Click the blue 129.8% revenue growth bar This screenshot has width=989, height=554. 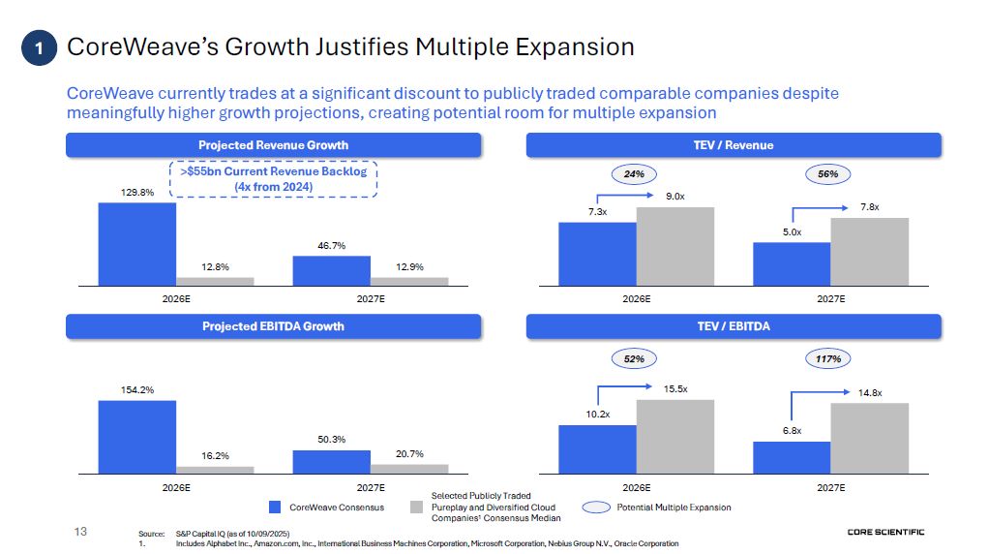(137, 243)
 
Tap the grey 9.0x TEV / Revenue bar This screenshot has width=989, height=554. (674, 246)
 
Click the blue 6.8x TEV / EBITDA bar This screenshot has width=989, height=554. (792, 457)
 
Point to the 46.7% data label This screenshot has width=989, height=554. (332, 246)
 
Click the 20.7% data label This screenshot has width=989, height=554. (409, 454)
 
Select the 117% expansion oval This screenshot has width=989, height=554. (827, 358)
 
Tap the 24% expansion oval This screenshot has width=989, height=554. (634, 174)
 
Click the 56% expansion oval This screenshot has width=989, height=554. (827, 174)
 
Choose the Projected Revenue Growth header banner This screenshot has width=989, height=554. (273, 145)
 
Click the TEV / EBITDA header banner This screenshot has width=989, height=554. (734, 326)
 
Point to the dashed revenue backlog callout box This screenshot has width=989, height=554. (274, 179)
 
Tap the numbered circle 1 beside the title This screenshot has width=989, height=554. (40, 47)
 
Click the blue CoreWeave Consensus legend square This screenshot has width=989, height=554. (275, 508)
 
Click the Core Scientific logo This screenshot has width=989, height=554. (885, 532)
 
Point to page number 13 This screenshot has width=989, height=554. (80, 531)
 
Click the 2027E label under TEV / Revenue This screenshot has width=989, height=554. (830, 299)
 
